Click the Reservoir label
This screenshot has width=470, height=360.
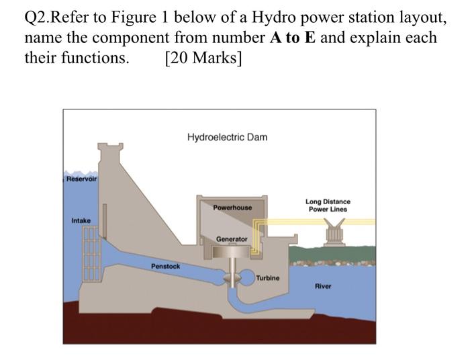(x=81, y=179)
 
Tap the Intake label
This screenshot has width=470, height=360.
(x=81, y=220)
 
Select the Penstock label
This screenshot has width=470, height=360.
(x=165, y=266)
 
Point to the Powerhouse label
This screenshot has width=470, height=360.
(x=232, y=208)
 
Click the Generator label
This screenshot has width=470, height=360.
(x=232, y=239)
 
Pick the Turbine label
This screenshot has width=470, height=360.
(x=268, y=278)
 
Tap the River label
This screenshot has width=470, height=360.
(x=323, y=286)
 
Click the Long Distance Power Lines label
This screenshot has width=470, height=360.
(x=328, y=206)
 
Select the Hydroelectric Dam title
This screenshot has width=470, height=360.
(x=227, y=137)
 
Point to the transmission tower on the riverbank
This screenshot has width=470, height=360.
(x=335, y=232)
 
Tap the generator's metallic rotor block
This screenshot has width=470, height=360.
(x=231, y=252)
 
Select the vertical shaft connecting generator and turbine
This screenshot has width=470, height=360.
(x=232, y=267)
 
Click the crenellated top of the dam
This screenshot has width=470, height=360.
(x=110, y=148)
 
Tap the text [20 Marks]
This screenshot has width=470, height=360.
(x=203, y=57)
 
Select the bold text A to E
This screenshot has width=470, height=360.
(x=293, y=38)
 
